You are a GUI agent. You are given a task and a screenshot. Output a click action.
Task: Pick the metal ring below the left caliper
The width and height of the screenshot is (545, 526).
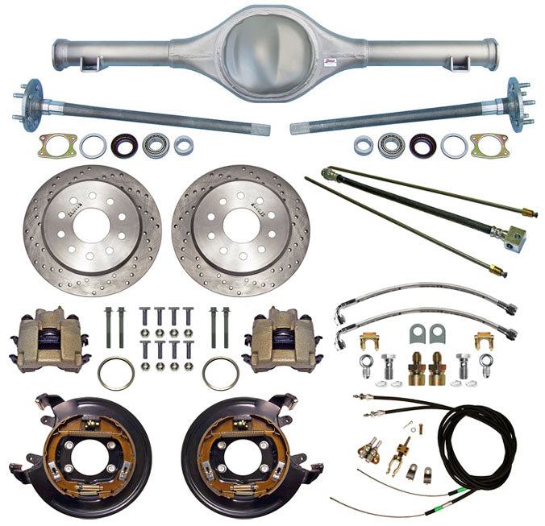point(116,373)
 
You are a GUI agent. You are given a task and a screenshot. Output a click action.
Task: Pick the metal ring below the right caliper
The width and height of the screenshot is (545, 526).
point(220,373)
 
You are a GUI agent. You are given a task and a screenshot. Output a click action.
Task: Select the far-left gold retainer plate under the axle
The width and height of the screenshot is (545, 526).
point(56,145)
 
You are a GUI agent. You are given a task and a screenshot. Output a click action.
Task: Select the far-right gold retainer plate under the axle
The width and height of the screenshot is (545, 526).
point(489,146)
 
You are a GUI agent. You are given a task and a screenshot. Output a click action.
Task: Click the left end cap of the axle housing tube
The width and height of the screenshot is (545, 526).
point(59,56)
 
